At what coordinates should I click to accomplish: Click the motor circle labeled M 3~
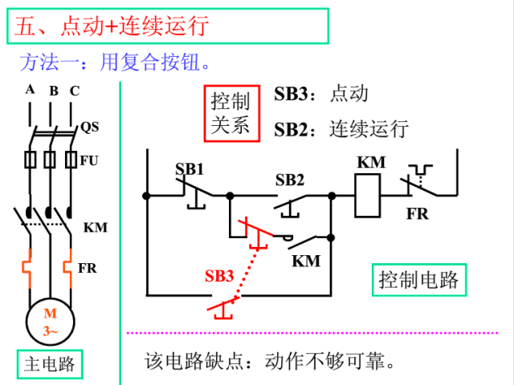point(50,322)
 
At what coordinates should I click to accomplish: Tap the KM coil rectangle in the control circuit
point(371,194)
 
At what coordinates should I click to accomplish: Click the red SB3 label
point(218,276)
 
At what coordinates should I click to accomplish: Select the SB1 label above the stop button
point(190,169)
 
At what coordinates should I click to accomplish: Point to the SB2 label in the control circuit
point(289,179)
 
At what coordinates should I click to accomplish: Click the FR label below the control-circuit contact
point(417,214)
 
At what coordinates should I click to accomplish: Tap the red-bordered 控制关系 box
point(230,113)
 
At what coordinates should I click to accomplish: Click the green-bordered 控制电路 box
point(418,279)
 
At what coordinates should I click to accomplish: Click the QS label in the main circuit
point(90,127)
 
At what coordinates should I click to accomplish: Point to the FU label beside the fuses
point(89,160)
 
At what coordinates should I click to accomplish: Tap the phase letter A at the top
point(30,89)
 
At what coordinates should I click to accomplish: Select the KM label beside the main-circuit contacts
point(95,228)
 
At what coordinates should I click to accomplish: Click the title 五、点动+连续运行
point(112,26)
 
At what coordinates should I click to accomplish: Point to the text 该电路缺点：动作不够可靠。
point(270,360)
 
